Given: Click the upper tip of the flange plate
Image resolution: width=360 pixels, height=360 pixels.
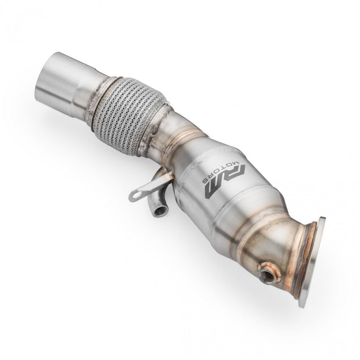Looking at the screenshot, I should [x=321, y=221].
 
